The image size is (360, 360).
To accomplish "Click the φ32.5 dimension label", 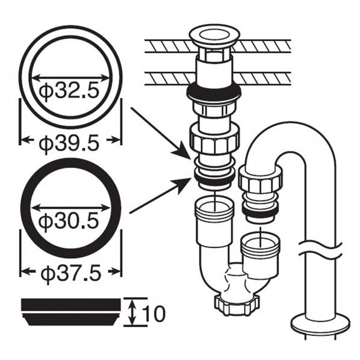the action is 69,91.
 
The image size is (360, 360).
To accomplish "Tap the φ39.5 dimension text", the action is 69,143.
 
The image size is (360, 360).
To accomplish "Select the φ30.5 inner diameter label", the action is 69,221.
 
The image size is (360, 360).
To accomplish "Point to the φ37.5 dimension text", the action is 70,274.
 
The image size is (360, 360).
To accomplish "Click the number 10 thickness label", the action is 154,314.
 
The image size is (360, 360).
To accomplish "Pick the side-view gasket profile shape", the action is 70,312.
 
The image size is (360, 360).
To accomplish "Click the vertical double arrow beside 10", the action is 131,312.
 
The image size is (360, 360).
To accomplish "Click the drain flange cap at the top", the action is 214,37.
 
